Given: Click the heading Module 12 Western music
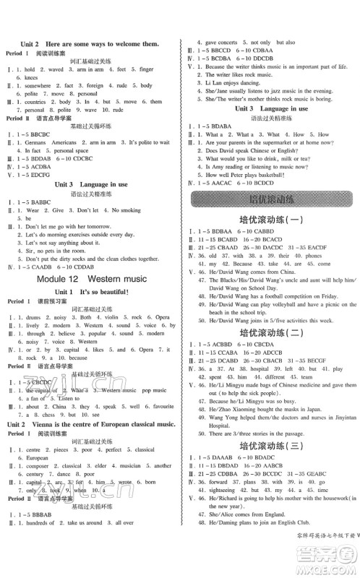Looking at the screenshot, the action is click(x=90, y=278).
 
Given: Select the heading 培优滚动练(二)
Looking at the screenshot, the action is click(x=270, y=354).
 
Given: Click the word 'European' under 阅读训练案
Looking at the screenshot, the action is click(x=37, y=457).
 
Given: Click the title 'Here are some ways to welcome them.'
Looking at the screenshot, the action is click(x=108, y=44).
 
